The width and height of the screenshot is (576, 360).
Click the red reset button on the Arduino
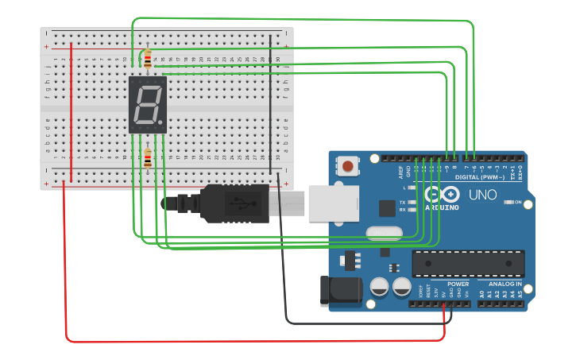coord(348,167)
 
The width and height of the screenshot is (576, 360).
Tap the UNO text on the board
coord(482,194)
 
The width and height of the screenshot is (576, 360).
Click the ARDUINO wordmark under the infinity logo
coord(443,207)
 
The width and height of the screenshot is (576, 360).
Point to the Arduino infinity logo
coord(443,194)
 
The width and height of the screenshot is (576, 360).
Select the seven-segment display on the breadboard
coord(148,104)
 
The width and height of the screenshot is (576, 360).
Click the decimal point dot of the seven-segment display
coord(161,123)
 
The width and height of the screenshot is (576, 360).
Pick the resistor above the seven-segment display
coord(147,59)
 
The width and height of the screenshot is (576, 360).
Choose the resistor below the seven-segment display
coord(148,159)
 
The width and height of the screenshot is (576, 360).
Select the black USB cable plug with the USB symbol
coord(234,203)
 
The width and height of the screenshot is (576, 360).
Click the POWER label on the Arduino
coord(458,283)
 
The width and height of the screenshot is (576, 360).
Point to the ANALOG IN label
coord(505,283)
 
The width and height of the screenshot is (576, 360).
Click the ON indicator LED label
coord(518,202)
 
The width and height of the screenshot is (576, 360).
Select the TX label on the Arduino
coord(403,203)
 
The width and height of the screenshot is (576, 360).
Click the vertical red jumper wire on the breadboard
coord(72,111)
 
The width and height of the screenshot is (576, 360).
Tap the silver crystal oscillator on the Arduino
coord(385,234)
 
